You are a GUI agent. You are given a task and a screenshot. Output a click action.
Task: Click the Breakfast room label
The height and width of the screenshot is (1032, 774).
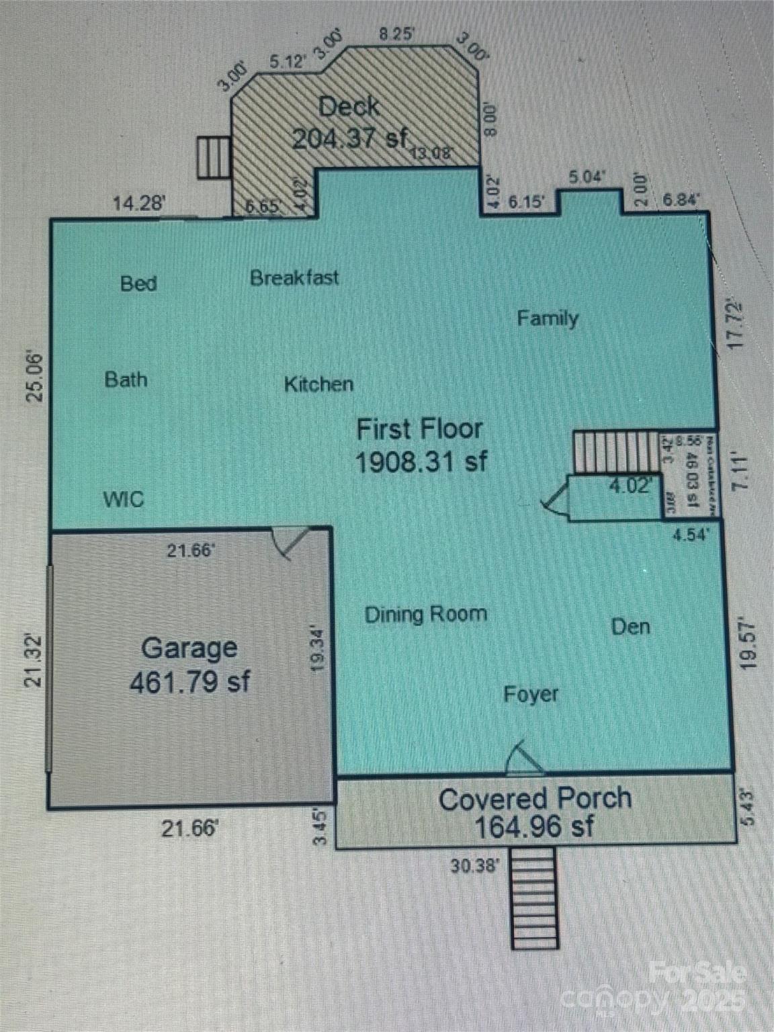pyautogui.click(x=294, y=277)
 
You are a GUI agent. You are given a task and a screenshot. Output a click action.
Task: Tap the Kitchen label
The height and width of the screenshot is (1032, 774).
pyautogui.click(x=318, y=384)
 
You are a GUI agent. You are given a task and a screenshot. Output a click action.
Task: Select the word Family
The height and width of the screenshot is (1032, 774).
pyautogui.click(x=548, y=318)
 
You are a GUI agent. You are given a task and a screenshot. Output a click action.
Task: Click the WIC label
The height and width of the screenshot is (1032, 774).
pyautogui.click(x=123, y=499)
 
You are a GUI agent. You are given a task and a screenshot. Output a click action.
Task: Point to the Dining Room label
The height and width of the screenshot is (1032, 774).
pyautogui.click(x=425, y=614)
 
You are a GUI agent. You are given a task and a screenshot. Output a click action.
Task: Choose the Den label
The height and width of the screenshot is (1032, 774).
pyautogui.click(x=630, y=627)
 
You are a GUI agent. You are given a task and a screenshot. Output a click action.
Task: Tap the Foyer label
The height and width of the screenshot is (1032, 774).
pyautogui.click(x=531, y=693)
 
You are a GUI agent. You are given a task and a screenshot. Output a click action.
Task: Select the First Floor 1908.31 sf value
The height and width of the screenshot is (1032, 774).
pyautogui.click(x=421, y=462)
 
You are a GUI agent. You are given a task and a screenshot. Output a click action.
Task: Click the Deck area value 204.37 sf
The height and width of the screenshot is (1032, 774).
pyautogui.click(x=349, y=138)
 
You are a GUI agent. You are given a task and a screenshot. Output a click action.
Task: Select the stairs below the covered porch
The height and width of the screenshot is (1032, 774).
pyautogui.click(x=534, y=898)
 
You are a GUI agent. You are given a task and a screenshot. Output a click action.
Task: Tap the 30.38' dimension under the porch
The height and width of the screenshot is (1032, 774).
pyautogui.click(x=475, y=866)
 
